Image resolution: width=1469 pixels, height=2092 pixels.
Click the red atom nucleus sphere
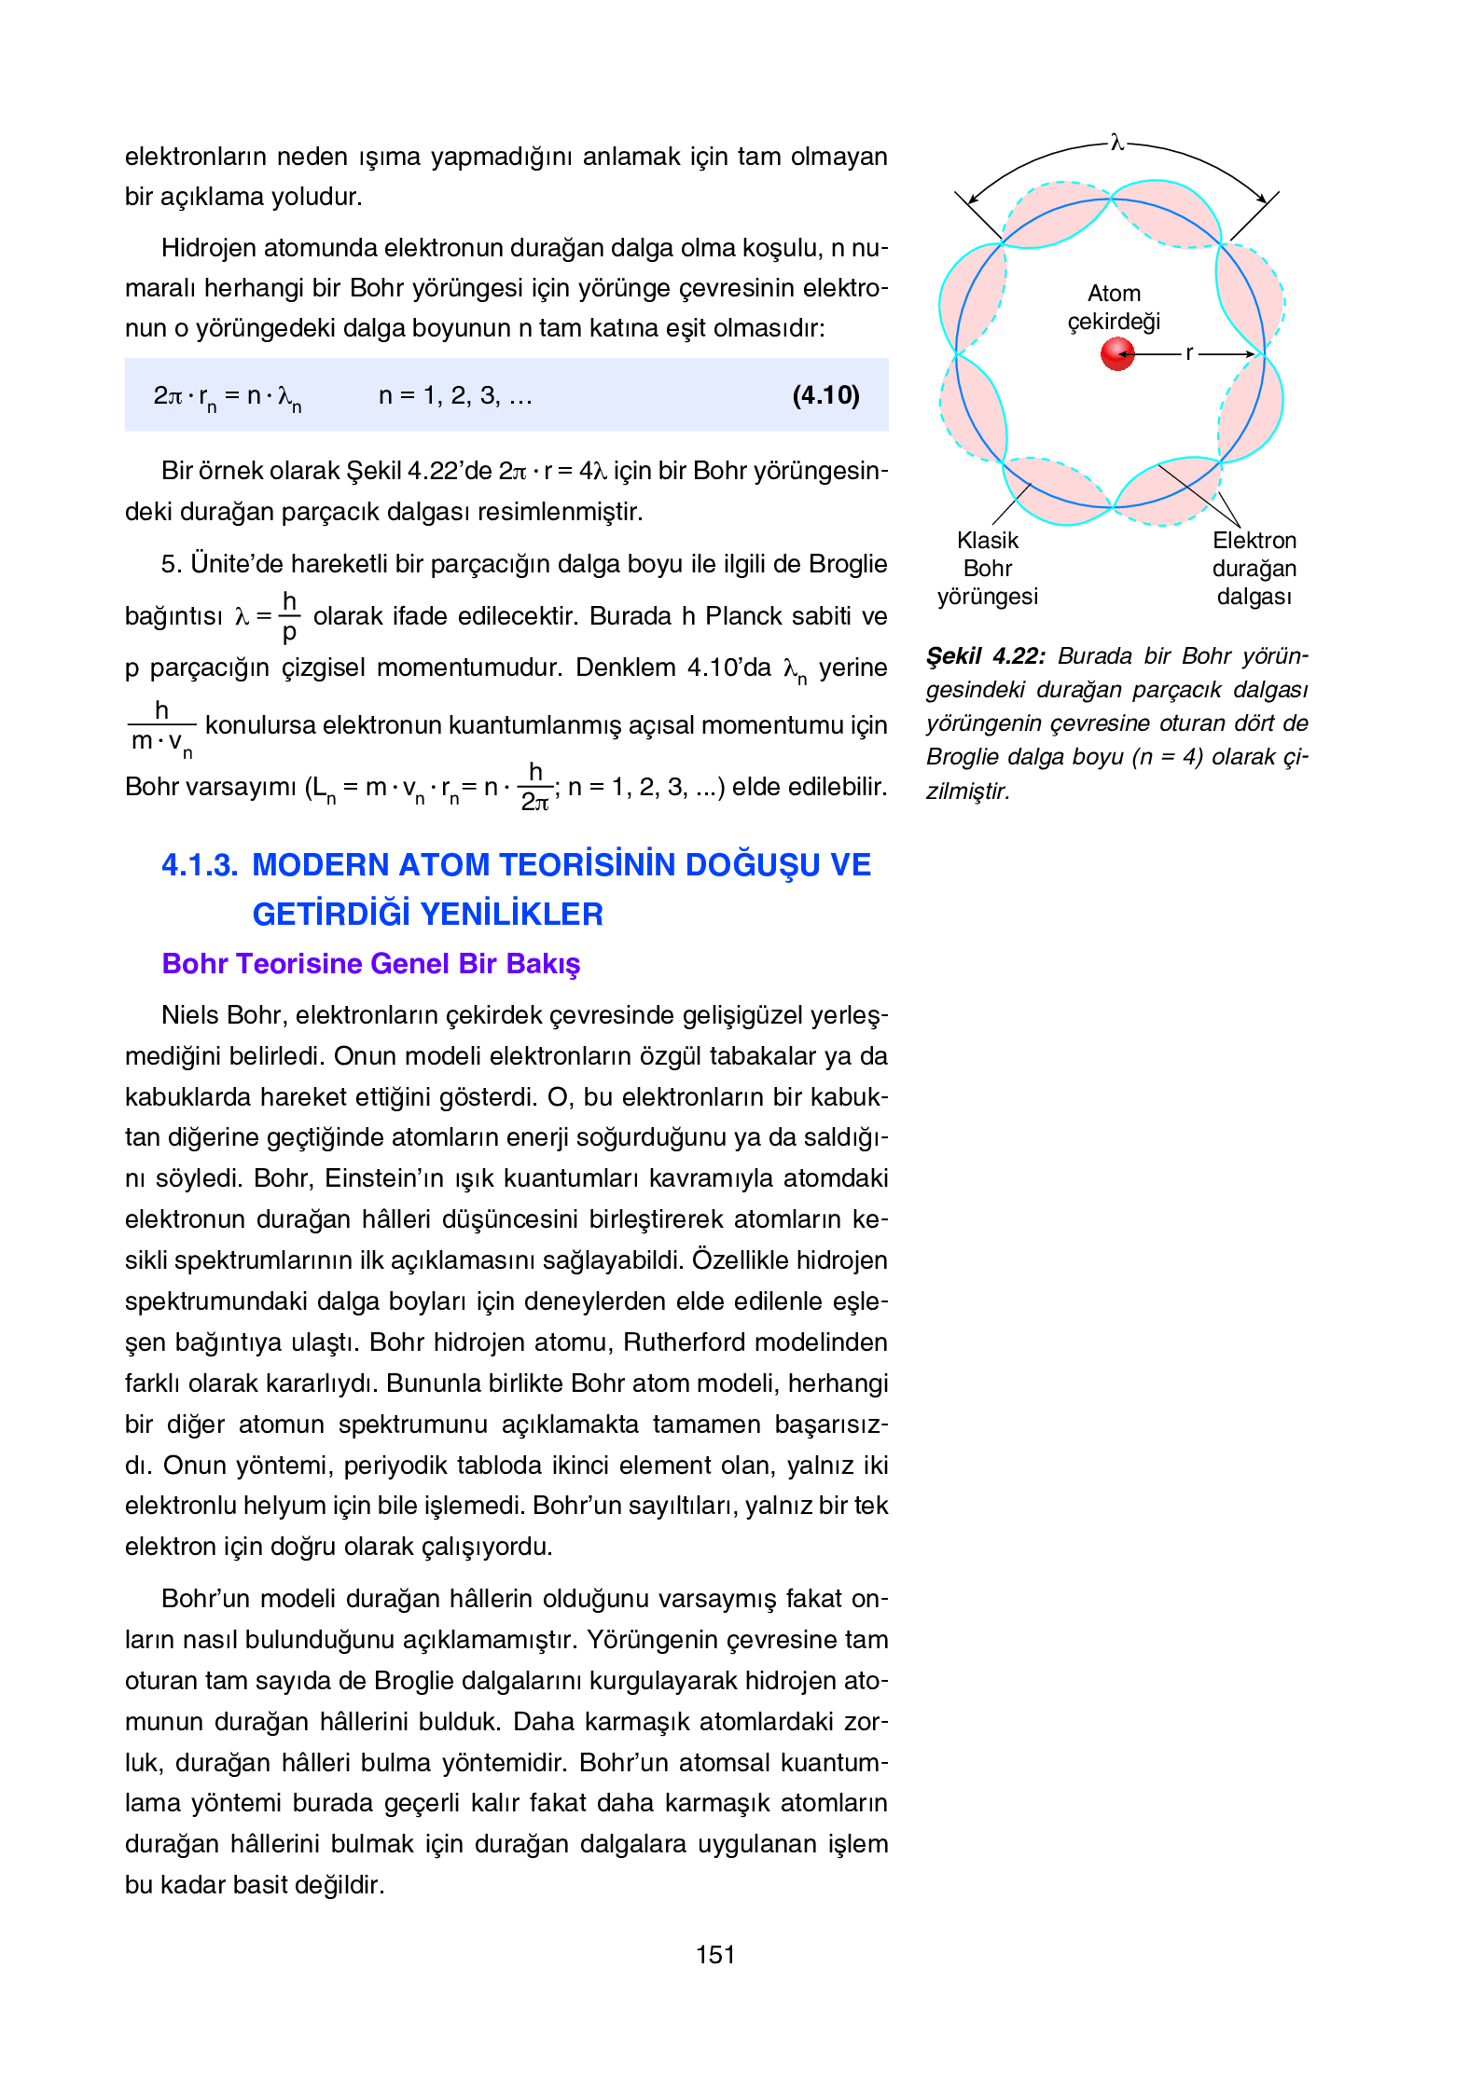coord(1116,354)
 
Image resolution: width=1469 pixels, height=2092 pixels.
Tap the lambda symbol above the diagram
coord(1116,143)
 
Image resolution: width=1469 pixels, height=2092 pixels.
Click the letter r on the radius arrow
coord(1189,353)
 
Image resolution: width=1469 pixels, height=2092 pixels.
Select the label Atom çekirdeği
coord(1114,308)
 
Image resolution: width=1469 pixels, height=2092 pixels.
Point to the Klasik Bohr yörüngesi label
coord(987,568)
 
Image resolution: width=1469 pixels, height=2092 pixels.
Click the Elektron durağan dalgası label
coord(1254,568)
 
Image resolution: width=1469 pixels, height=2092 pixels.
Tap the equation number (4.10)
coord(825,395)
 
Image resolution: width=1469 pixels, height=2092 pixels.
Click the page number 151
coord(715,1955)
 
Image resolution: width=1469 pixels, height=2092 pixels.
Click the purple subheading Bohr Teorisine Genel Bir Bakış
coord(370,964)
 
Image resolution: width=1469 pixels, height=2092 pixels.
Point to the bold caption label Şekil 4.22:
coord(985,656)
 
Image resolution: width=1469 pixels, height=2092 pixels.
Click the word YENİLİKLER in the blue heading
coord(516,915)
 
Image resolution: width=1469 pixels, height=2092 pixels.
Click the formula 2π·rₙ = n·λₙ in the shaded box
coord(227,396)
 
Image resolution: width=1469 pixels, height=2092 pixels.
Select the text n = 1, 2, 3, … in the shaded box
coord(454,396)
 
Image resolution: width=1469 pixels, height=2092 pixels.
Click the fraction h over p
coord(289,616)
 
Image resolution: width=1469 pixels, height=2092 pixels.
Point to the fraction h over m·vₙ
coord(161,726)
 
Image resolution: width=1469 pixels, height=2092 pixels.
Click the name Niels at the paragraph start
coord(189,1015)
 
